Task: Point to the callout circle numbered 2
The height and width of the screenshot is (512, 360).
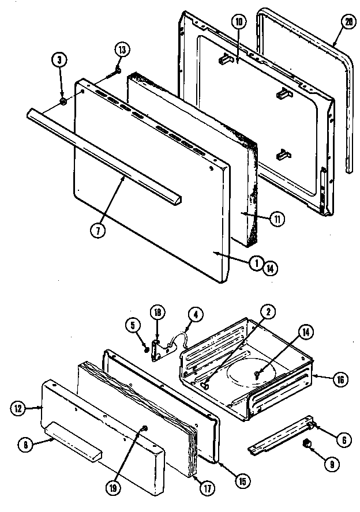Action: click(x=267, y=312)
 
